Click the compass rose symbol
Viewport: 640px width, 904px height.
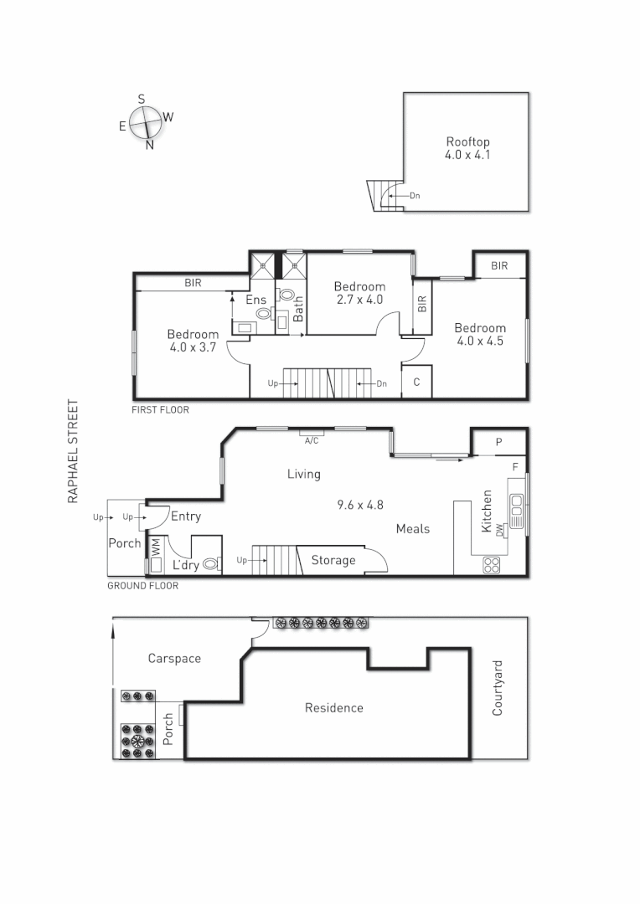tap(147, 121)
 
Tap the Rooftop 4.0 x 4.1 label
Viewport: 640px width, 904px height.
tap(467, 149)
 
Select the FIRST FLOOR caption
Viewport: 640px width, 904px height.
tap(161, 410)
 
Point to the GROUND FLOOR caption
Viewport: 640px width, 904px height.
tap(142, 586)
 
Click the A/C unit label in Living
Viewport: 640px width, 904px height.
tap(312, 439)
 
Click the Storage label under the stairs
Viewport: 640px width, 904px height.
tap(333, 560)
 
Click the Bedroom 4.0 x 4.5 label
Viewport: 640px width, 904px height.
tap(480, 334)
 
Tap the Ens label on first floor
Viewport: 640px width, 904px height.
tap(255, 300)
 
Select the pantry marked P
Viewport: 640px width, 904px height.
tap(498, 442)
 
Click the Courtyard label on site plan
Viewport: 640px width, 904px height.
tap(498, 688)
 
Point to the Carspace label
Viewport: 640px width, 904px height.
tap(174, 659)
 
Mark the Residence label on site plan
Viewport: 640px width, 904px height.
tap(333, 708)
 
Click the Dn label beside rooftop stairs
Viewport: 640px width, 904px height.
tap(414, 196)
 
